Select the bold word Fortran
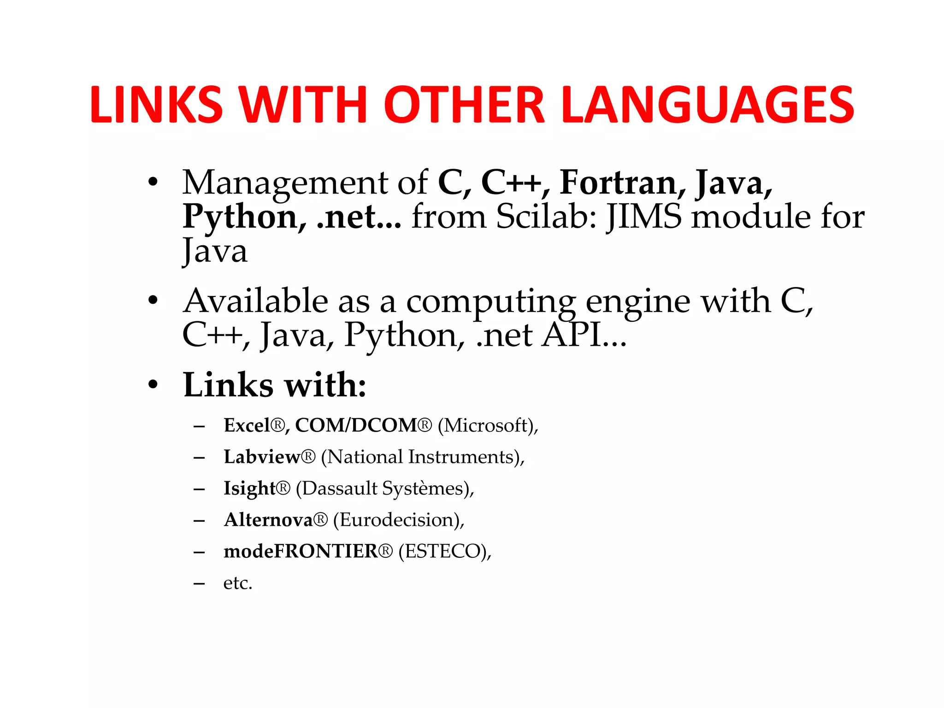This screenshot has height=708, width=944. (x=618, y=183)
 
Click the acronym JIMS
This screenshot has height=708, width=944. (x=644, y=216)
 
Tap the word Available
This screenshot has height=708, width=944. (x=256, y=301)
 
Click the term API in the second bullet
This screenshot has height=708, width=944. (x=572, y=335)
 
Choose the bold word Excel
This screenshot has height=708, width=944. (x=247, y=425)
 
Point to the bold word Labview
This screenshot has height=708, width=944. (x=262, y=457)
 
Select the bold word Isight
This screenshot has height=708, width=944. (x=249, y=488)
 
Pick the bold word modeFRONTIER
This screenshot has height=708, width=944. (x=301, y=551)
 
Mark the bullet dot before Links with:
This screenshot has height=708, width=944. (x=153, y=385)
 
